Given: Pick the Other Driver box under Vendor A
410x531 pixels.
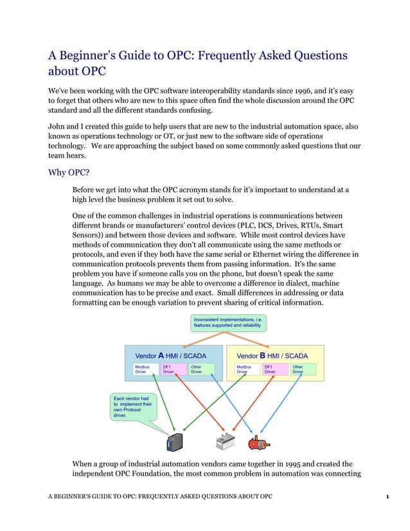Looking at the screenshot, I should coord(198,369).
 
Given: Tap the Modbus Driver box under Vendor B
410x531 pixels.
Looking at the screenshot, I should coord(244,369).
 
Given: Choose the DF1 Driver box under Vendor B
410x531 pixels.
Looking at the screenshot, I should coord(272,369).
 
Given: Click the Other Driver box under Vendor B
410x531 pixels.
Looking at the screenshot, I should coord(300,369).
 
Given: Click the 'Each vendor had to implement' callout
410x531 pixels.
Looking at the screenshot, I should coord(132,407).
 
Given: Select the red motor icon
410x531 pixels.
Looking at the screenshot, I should coord(260,442).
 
